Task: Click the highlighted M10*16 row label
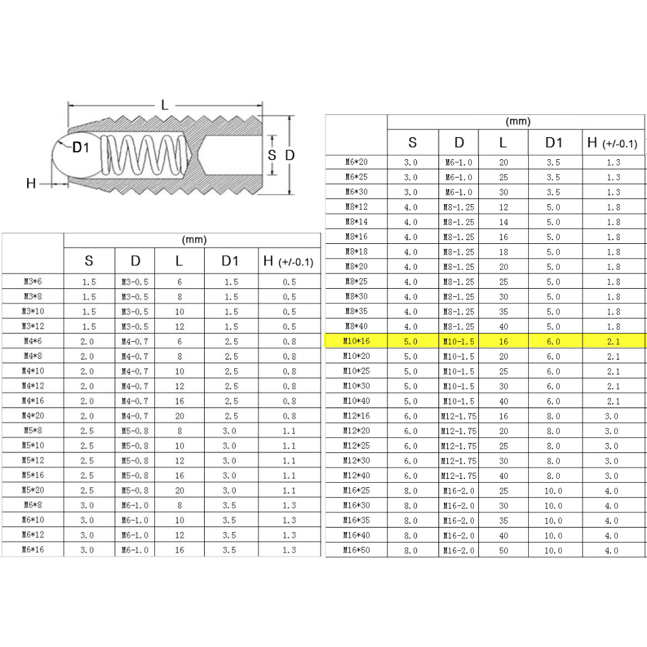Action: pos(356,341)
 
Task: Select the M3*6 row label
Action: pos(33,282)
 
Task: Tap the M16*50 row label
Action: pos(356,550)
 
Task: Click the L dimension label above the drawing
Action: pos(165,106)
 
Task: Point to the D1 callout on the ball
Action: pos(80,148)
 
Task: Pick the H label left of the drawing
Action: pos(31,184)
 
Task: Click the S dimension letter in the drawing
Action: pos(272,155)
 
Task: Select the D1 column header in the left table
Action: pos(230,261)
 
